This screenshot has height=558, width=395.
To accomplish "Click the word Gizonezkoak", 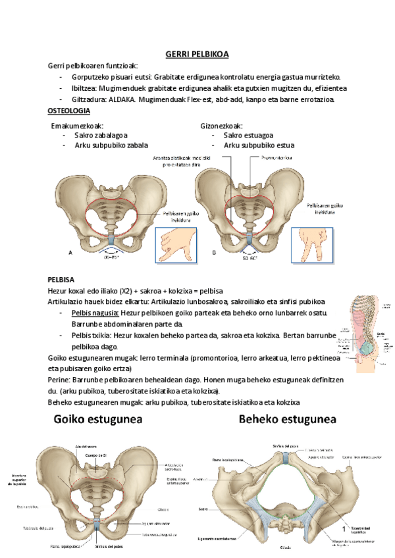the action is (222, 126).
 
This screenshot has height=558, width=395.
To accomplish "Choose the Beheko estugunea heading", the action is (287, 419).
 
